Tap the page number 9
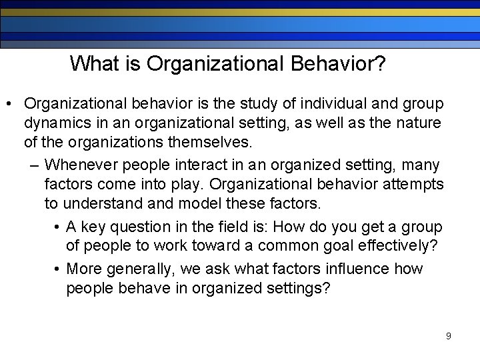click(x=448, y=336)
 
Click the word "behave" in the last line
click(x=135, y=289)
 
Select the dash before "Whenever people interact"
click(x=33, y=165)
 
